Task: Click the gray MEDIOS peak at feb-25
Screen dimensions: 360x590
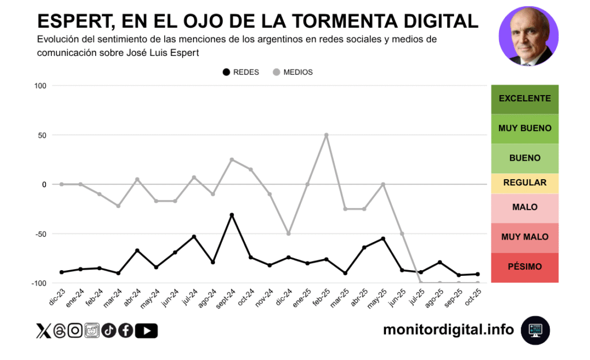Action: click(x=326, y=135)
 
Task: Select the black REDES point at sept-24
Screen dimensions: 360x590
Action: click(x=232, y=215)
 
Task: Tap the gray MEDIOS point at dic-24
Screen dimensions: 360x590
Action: click(x=289, y=234)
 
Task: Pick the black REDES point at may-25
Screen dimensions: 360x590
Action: click(x=383, y=238)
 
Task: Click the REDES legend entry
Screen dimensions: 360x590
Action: click(x=240, y=73)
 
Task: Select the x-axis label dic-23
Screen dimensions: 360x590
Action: click(x=56, y=297)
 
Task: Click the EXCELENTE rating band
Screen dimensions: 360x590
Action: click(x=524, y=98)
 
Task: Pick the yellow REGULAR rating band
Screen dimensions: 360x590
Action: click(x=524, y=183)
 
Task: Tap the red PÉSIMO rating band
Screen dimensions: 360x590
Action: click(x=524, y=267)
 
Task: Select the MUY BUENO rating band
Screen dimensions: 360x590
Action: click(x=524, y=128)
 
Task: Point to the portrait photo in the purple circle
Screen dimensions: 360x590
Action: click(x=528, y=36)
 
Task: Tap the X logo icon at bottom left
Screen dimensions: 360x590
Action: click(x=43, y=331)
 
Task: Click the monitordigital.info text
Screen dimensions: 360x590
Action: click(x=448, y=329)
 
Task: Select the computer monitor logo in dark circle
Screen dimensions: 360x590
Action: click(x=535, y=330)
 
